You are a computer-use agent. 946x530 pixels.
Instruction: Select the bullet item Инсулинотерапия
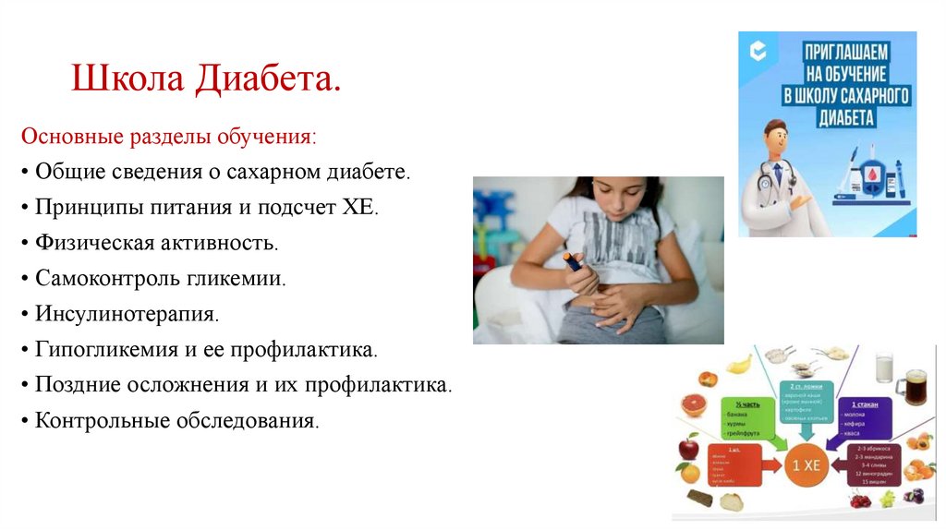tap(127, 313)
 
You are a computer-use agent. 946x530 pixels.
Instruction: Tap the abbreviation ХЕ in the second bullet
tap(361, 207)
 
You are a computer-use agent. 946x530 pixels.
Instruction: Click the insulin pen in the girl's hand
tap(574, 261)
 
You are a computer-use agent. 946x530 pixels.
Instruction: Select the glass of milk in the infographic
tap(883, 367)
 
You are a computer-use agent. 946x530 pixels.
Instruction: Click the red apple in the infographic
tap(688, 450)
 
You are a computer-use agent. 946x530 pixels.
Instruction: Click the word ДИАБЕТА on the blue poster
tap(844, 117)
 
